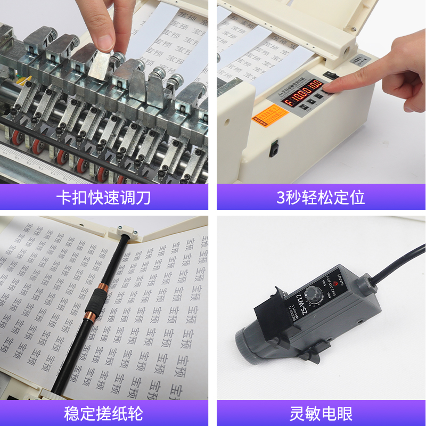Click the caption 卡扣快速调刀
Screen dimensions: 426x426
(x=103, y=198)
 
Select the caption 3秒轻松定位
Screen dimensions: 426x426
(x=321, y=198)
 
